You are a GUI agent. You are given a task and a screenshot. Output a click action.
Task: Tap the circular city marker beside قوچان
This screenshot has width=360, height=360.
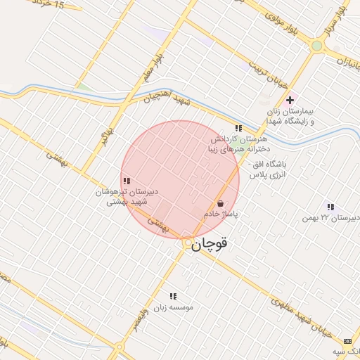tap(188, 244)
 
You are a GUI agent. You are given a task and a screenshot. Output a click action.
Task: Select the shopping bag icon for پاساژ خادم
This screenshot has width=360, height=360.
tap(221, 203)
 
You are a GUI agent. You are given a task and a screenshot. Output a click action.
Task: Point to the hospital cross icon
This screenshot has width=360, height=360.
tap(289, 100)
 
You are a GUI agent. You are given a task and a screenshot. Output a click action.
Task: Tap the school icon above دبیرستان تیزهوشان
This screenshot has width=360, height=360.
tap(126, 181)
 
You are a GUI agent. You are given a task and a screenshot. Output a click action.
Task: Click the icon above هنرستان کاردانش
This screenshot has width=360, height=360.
tap(238, 128)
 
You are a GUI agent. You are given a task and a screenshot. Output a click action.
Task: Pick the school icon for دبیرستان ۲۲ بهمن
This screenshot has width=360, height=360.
tap(330, 207)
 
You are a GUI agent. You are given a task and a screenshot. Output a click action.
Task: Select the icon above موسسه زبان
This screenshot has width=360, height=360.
tap(173, 296)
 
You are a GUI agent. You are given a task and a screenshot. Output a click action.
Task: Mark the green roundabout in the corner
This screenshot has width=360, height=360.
tap(317, 46)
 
